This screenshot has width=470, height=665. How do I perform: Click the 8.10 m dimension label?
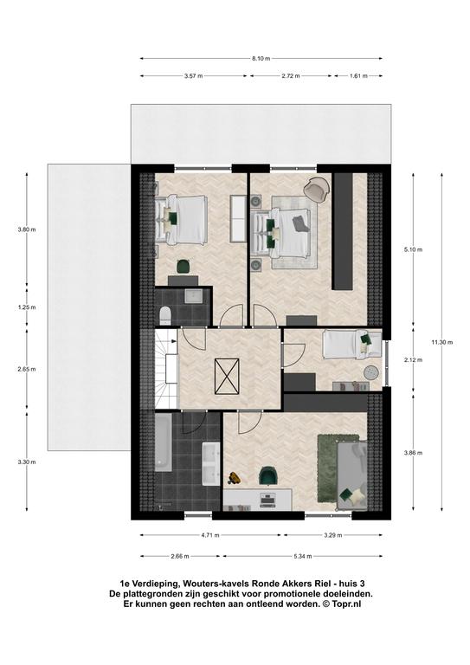[x=261, y=59]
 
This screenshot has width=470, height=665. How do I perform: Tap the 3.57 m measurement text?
[x=193, y=76]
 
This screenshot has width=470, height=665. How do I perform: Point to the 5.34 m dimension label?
[x=303, y=557]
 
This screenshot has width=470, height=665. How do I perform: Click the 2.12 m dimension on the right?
[x=414, y=360]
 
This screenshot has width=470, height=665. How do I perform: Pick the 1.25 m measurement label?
[x=27, y=307]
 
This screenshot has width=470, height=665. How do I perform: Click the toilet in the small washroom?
[x=164, y=315]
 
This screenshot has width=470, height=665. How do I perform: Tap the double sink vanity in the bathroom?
[x=210, y=463]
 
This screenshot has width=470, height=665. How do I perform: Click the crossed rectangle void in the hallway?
[x=227, y=376]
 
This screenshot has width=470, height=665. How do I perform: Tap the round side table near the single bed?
[x=371, y=372]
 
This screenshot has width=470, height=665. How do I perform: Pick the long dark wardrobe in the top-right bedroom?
[x=343, y=231]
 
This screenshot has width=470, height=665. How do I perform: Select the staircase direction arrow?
[x=174, y=341]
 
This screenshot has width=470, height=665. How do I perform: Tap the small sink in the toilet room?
[x=194, y=295]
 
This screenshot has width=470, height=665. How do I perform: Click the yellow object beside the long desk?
[x=234, y=478]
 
